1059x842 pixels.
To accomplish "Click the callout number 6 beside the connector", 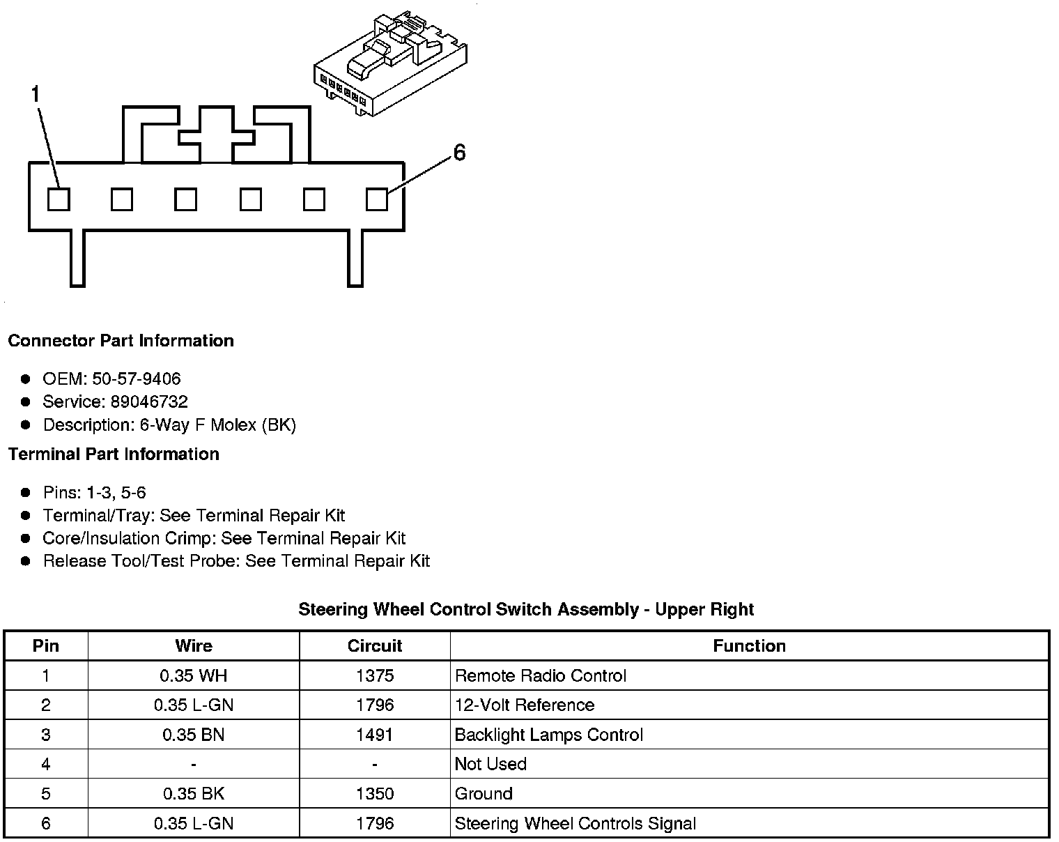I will [459, 153].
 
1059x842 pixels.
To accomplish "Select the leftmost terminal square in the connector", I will [59, 200].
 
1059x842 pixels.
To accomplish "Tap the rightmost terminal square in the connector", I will [377, 200].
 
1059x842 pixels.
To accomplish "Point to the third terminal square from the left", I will [185, 200].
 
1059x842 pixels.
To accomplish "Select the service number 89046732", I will [149, 402].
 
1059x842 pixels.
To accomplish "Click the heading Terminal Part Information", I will [114, 454].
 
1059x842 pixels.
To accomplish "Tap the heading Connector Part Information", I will [121, 341].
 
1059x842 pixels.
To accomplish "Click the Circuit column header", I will [375, 646].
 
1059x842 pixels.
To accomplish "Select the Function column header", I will [749, 646].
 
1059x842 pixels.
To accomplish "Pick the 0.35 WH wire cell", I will [194, 676].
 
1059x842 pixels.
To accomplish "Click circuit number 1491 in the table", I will [375, 735].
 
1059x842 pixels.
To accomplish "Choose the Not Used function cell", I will [490, 764].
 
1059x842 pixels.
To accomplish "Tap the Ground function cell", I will [484, 794].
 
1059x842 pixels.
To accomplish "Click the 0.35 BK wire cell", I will [194, 794].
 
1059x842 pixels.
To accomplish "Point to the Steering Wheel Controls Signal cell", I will [575, 824].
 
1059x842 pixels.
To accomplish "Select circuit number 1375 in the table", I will [375, 676].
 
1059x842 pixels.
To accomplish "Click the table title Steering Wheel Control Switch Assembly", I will [526, 610].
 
